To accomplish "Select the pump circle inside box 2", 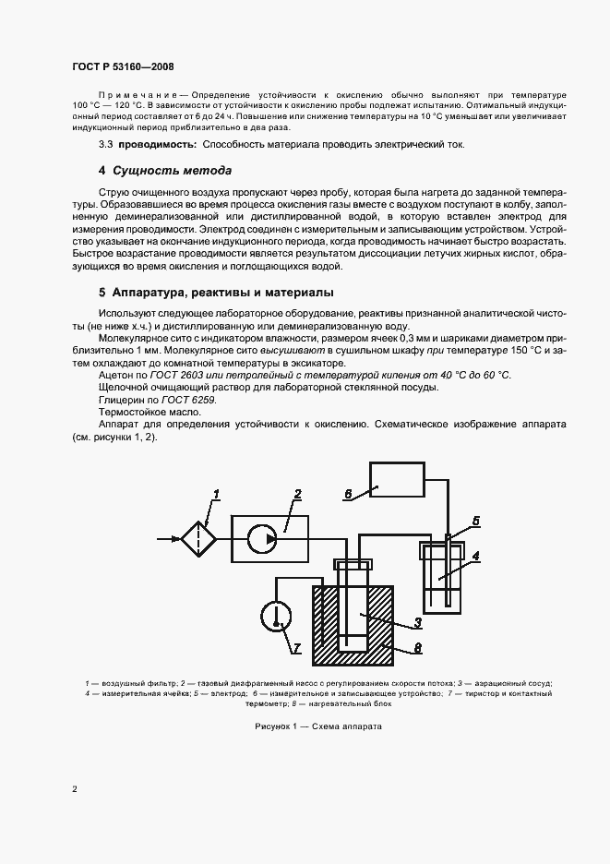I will (269, 537).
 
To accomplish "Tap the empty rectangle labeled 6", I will (396, 479).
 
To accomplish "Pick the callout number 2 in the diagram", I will (297, 496).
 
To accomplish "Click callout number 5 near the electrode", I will (476, 521).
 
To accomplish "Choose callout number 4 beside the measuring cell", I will (475, 556).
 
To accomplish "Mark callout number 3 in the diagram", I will (417, 623).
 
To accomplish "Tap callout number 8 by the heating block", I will (417, 648).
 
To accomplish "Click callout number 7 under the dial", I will (296, 647).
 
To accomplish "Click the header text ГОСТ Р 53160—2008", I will (123, 66).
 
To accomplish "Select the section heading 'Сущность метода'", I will (172, 171).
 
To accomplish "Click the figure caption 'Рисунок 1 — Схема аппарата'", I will (317, 726).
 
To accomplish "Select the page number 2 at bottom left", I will (74, 789).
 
